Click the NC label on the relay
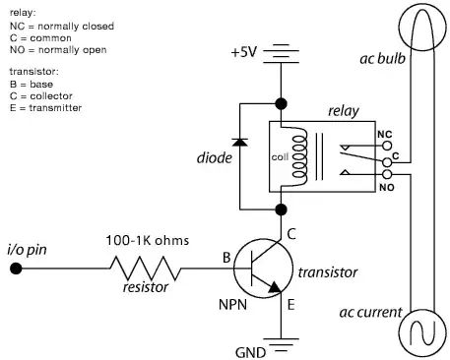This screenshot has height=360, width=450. (384, 133)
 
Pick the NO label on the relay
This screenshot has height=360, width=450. (384, 185)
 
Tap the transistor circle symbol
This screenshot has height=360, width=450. (265, 265)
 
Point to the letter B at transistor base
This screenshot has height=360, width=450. (226, 258)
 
